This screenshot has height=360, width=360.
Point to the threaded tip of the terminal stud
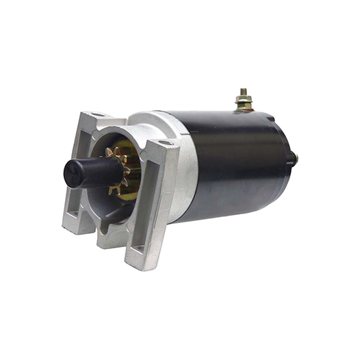pos(243,91)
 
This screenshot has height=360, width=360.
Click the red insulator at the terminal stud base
pos(244,109)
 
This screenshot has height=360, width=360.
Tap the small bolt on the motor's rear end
pos(295,158)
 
